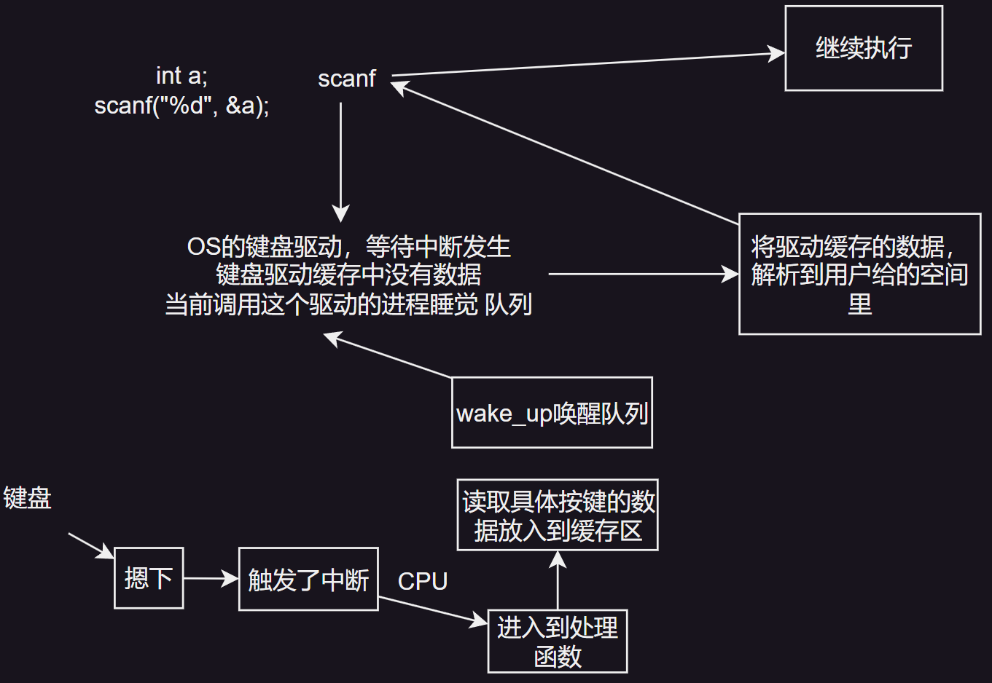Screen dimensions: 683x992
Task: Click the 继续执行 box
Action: (x=864, y=48)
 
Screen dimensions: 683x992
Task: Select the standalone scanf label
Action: (x=347, y=79)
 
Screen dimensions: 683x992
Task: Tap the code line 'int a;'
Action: (x=181, y=76)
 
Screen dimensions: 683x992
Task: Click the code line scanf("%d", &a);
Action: (x=181, y=106)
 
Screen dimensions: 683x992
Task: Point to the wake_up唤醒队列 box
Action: (x=552, y=413)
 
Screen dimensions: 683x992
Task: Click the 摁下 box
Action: (x=149, y=578)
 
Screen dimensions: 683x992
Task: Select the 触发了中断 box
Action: (x=308, y=580)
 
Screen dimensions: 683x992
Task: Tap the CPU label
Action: (x=423, y=581)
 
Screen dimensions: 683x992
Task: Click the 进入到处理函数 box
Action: (x=558, y=641)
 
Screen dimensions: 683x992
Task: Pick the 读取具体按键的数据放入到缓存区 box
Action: (x=558, y=515)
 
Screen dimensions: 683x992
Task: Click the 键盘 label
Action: (x=28, y=498)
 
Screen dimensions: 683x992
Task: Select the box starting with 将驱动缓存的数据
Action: (x=859, y=275)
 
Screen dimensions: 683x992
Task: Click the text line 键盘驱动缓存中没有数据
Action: (x=348, y=275)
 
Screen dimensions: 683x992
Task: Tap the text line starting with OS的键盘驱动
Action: (x=348, y=247)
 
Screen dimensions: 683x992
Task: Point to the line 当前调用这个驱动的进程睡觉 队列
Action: (x=348, y=304)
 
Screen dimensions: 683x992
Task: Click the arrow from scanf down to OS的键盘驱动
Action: (x=340, y=160)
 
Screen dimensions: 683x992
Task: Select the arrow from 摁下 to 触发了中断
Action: (x=211, y=579)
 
